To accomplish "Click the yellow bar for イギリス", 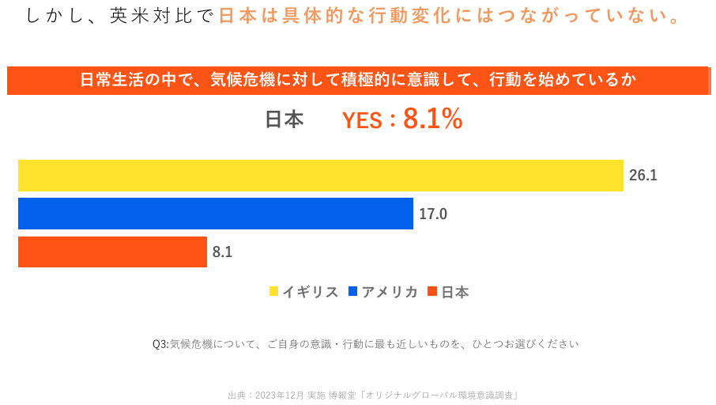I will pos(320,176).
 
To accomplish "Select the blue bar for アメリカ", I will pos(215,214).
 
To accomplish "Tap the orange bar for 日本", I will pos(112,252).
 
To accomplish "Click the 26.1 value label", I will pos(643,176).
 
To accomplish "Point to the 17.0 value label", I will pos(433,214).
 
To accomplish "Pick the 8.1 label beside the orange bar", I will pos(223,252).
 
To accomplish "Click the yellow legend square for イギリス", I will pos(273,292).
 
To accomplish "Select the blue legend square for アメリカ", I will pos(353,292).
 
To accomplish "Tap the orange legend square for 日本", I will pos(431,292).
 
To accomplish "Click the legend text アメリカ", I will pos(390,292).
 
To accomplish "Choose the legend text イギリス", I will pos(311,292).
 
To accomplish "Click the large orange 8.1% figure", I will pos(432,119).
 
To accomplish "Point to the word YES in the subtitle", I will pos(362,120).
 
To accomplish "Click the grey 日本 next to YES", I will pos(284,119).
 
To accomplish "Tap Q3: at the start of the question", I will pos(160,344).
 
